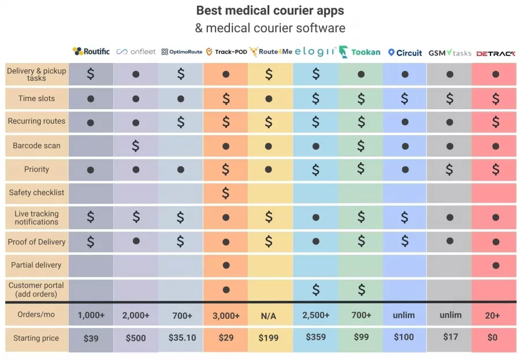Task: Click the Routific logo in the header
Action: click(x=91, y=51)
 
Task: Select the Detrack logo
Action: click(x=495, y=53)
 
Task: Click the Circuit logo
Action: click(x=405, y=53)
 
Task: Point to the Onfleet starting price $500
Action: click(x=136, y=338)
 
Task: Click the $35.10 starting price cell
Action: click(x=181, y=337)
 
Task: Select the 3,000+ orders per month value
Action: click(x=226, y=315)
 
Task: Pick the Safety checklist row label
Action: click(x=36, y=192)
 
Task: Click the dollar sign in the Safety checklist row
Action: click(x=226, y=192)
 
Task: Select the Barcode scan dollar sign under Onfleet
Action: click(x=136, y=146)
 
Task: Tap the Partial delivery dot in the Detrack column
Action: click(x=495, y=265)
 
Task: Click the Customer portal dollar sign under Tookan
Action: click(x=361, y=289)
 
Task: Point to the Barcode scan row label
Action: click(x=36, y=146)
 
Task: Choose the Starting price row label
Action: click(x=36, y=338)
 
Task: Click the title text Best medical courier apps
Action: click(x=270, y=10)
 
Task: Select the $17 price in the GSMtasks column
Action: click(x=450, y=336)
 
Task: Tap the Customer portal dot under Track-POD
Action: click(x=226, y=289)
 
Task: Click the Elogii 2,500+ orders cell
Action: click(x=315, y=315)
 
